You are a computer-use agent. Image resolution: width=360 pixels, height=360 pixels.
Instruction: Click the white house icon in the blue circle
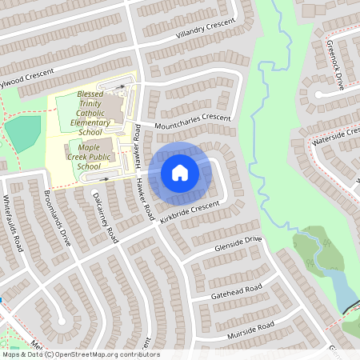[x=180, y=172]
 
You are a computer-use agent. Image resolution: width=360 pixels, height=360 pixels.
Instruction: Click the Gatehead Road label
[x=237, y=291]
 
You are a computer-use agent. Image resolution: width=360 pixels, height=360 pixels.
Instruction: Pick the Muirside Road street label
[x=250, y=329]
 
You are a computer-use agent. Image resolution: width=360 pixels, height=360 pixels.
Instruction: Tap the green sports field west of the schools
[x=24, y=131]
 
